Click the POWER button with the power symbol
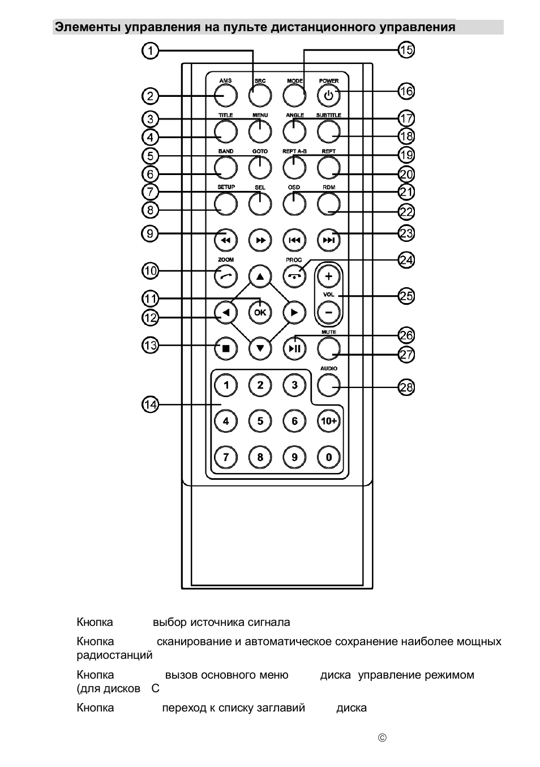[328, 96]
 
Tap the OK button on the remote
[260, 312]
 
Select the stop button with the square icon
[226, 348]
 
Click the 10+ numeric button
[328, 421]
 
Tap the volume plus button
[328, 276]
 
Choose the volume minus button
[328, 312]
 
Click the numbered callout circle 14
[150, 404]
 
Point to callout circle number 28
[406, 387]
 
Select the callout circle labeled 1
[150, 51]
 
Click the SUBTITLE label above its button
[328, 115]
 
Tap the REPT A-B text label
[294, 151]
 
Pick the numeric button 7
[226, 457]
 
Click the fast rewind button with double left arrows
[226, 240]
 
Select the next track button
[328, 240]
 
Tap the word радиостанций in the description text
[114, 655]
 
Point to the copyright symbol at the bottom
[382, 738]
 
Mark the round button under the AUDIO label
[328, 385]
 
